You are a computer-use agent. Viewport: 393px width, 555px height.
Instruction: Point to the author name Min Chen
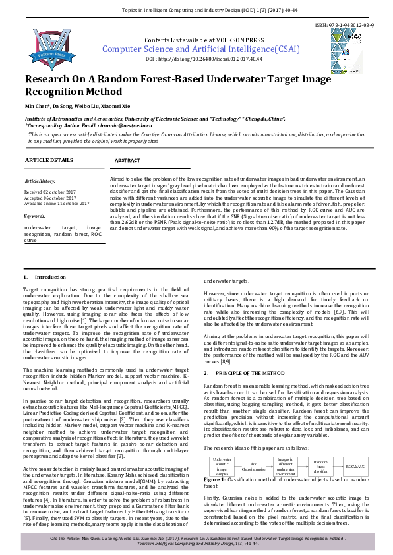(x=37, y=106)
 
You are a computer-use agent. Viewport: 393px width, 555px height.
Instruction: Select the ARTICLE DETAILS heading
(x=49, y=160)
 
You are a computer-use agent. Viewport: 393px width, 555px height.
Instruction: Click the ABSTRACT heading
(x=127, y=161)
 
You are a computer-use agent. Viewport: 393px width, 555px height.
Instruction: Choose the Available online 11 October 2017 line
(x=57, y=204)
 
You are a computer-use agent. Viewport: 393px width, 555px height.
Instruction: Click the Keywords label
(x=34, y=216)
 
